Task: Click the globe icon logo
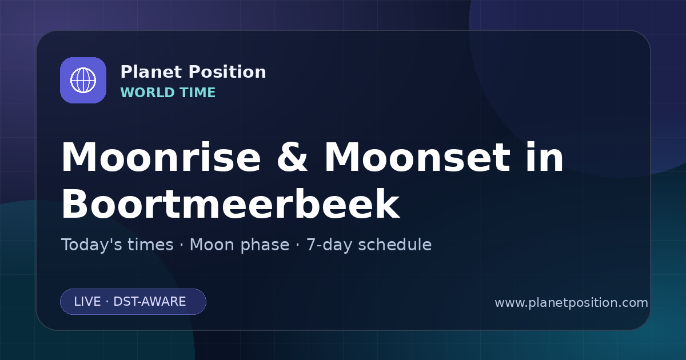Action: [83, 80]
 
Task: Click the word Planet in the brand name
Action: [151, 72]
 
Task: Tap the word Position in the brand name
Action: [228, 72]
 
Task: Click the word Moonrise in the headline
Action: [161, 157]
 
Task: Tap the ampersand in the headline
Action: [292, 157]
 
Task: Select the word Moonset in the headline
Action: [417, 157]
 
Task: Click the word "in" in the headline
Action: [544, 157]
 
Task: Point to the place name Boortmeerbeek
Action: [230, 204]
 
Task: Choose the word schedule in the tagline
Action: [395, 245]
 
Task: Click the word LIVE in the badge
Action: [87, 302]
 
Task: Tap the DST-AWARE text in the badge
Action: [149, 302]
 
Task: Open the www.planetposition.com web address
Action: [572, 303]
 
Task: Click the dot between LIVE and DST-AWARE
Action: [107, 302]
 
